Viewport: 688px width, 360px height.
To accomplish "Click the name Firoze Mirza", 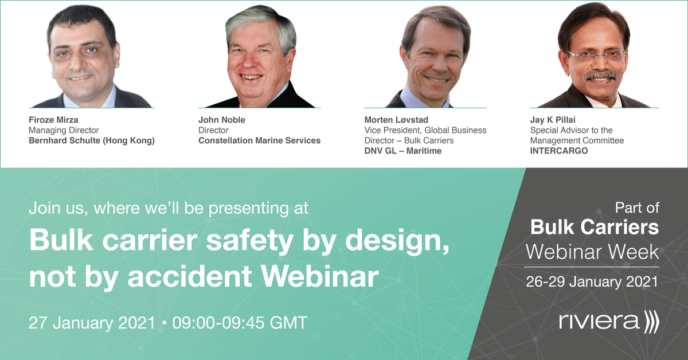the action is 53,120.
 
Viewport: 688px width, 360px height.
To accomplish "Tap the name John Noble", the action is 222,120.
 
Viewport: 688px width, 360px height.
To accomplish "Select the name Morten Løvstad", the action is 396,120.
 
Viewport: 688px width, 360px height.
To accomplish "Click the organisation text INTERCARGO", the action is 559,151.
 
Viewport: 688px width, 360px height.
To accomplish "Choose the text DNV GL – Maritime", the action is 403,151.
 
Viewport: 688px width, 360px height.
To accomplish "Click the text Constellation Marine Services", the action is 260,140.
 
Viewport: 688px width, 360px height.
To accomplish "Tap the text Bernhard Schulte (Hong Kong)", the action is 92,140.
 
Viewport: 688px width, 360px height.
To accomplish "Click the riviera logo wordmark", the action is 599,321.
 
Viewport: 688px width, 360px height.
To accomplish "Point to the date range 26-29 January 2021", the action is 592,281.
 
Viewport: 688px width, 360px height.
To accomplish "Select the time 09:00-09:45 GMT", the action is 240,323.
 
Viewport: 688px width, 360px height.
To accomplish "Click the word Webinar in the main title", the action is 320,276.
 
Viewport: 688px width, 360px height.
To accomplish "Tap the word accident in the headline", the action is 190,276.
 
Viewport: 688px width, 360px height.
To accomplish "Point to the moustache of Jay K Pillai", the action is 600,76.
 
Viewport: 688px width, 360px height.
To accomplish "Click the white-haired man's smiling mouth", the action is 251,77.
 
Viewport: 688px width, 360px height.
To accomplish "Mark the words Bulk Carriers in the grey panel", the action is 595,228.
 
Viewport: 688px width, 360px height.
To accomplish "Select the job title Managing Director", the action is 64,130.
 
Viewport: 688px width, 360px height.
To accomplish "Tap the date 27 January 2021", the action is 92,323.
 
